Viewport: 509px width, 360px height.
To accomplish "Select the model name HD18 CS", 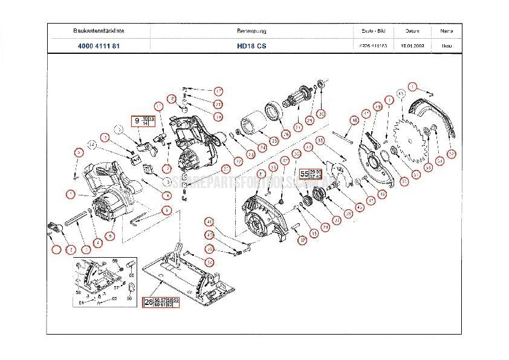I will pos(248,45).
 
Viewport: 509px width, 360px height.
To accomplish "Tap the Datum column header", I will pos(412,30).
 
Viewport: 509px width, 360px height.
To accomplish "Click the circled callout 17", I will pos(218,91).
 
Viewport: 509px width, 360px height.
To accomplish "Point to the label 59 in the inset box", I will pos(114,260).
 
